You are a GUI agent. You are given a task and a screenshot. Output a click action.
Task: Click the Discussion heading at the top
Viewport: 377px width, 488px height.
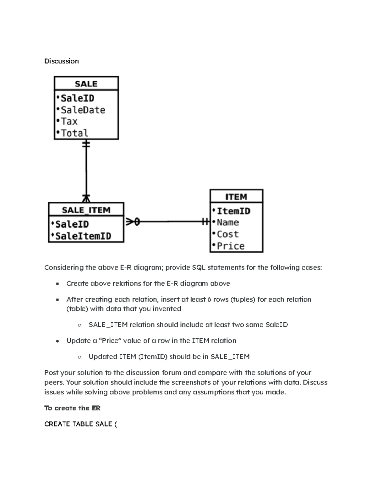point(61,61)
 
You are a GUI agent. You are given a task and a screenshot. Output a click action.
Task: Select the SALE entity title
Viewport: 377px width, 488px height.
point(86,84)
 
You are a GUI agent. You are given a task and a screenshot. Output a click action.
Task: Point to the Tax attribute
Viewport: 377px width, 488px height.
point(69,121)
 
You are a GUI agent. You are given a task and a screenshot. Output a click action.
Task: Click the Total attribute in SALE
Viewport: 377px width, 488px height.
point(74,133)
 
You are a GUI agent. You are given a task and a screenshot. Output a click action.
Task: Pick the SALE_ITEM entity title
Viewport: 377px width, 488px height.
point(86,210)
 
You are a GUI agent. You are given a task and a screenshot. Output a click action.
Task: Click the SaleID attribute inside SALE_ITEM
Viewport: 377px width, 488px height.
point(72,224)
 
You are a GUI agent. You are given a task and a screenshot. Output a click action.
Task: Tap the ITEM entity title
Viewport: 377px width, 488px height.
point(236,197)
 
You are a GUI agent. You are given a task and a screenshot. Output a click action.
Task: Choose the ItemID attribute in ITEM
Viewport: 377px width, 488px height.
point(233,211)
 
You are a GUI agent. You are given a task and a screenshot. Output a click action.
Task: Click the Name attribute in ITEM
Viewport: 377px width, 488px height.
point(228,222)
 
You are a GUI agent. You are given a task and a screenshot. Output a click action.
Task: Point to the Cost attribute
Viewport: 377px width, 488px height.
point(228,234)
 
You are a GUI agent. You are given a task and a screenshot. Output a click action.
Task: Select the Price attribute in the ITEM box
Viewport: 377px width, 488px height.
point(231,246)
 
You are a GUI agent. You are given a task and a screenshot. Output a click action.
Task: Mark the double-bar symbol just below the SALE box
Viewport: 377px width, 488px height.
point(86,145)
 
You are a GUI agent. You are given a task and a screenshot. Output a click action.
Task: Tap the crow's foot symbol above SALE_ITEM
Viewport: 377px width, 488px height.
point(86,198)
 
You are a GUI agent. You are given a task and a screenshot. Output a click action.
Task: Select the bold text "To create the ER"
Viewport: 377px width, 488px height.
point(72,408)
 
